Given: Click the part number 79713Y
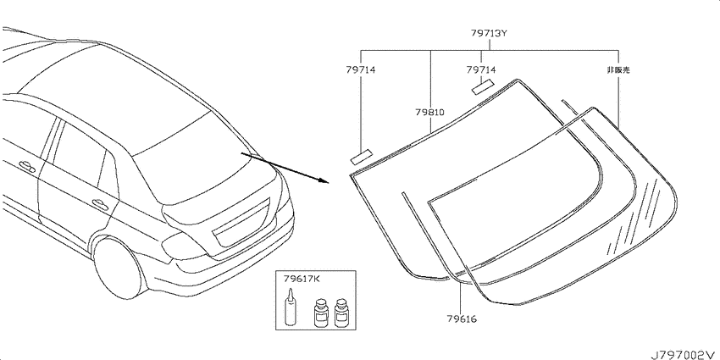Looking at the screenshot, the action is click(x=489, y=34).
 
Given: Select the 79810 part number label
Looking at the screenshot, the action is click(x=429, y=112).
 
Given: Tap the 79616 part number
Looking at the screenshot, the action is click(x=461, y=318).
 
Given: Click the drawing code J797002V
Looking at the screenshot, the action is click(x=684, y=354).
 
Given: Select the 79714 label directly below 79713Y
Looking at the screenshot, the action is click(x=481, y=69).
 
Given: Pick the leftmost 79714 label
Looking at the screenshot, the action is click(x=361, y=69).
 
